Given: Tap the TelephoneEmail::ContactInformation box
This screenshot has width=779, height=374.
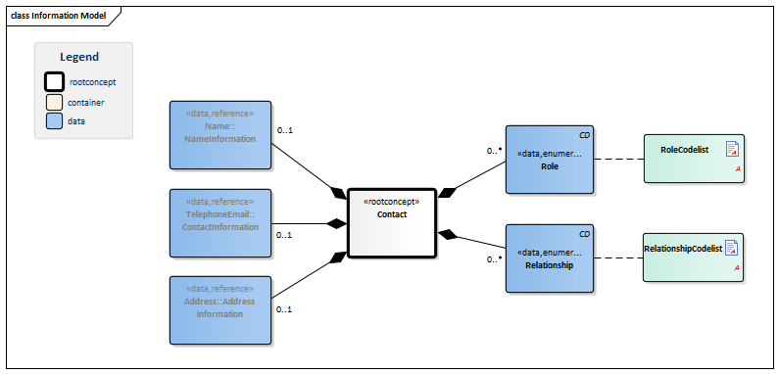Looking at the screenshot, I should (x=219, y=222).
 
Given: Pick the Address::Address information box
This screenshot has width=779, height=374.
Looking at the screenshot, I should (x=219, y=309).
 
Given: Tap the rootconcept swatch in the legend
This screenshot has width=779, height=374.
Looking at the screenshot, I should (x=55, y=82).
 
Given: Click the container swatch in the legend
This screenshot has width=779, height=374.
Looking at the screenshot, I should (x=55, y=102).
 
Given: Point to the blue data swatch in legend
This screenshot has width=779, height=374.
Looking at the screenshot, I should (x=55, y=120).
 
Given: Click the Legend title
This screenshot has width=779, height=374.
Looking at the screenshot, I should (x=79, y=57).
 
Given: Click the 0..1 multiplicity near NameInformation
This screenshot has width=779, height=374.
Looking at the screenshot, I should (x=285, y=129).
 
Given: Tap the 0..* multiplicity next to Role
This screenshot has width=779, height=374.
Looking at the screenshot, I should (x=496, y=151).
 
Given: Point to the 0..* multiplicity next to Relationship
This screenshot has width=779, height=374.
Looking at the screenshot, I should (x=496, y=259).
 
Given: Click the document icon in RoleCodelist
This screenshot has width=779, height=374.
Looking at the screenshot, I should (x=731, y=149).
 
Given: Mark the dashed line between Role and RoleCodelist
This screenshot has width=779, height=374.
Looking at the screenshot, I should (x=618, y=159).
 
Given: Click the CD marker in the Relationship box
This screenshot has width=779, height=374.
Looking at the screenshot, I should (x=584, y=234).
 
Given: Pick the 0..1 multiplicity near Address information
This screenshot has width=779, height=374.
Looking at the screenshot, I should (x=285, y=309).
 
